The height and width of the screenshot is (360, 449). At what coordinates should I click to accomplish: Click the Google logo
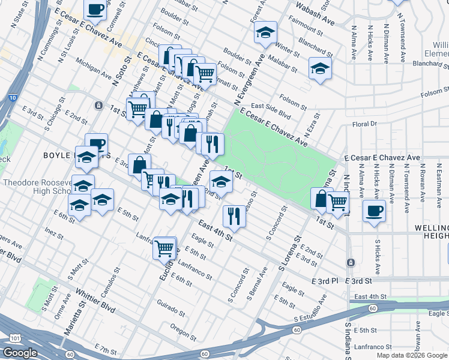[20, 353]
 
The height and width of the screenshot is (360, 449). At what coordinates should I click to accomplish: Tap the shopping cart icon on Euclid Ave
[164, 247]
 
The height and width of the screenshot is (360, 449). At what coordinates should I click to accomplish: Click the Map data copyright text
[412, 355]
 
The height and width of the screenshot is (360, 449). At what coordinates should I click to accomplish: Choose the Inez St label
[50, 231]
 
